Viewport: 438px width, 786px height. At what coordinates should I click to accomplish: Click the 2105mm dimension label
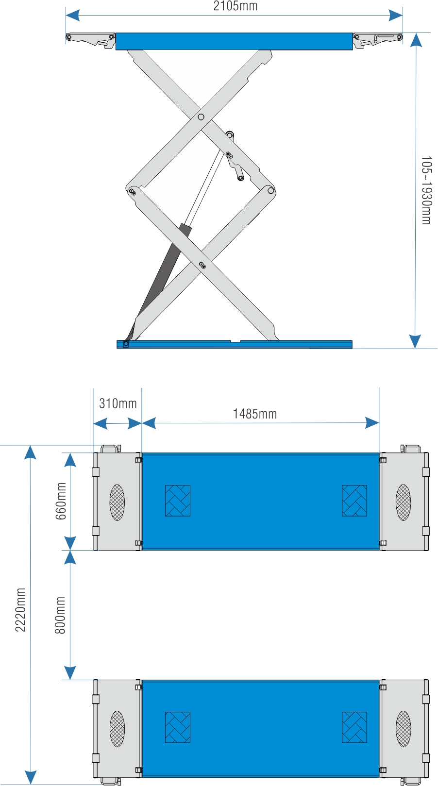236,6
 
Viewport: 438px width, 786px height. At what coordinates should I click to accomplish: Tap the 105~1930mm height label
426,190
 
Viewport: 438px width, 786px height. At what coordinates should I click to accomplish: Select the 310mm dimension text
118,403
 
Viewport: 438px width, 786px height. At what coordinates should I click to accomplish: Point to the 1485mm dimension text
255,414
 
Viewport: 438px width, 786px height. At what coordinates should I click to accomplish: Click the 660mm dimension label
61,501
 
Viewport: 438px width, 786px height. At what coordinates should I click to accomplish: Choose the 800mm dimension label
60,615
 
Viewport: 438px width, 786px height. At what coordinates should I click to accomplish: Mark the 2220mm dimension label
20,610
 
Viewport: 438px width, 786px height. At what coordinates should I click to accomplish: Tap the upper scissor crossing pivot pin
201,117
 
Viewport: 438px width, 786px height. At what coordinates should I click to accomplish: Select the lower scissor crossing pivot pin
202,265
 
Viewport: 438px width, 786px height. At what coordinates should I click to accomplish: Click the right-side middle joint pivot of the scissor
271,190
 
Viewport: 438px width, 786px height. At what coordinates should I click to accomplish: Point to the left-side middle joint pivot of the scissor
132,191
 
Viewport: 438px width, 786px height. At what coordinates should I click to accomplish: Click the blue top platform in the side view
234,41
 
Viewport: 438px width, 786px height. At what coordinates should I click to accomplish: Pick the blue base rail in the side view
235,344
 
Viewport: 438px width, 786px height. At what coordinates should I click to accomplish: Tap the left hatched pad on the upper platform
178,501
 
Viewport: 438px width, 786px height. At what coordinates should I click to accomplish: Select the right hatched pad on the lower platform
354,727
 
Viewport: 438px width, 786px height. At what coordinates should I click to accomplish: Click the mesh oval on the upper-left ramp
117,502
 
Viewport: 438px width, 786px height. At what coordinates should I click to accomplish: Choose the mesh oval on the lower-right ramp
403,729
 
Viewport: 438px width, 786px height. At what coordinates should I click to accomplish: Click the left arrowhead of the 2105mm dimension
73,16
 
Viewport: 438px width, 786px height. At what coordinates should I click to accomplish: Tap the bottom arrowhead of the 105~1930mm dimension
415,341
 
